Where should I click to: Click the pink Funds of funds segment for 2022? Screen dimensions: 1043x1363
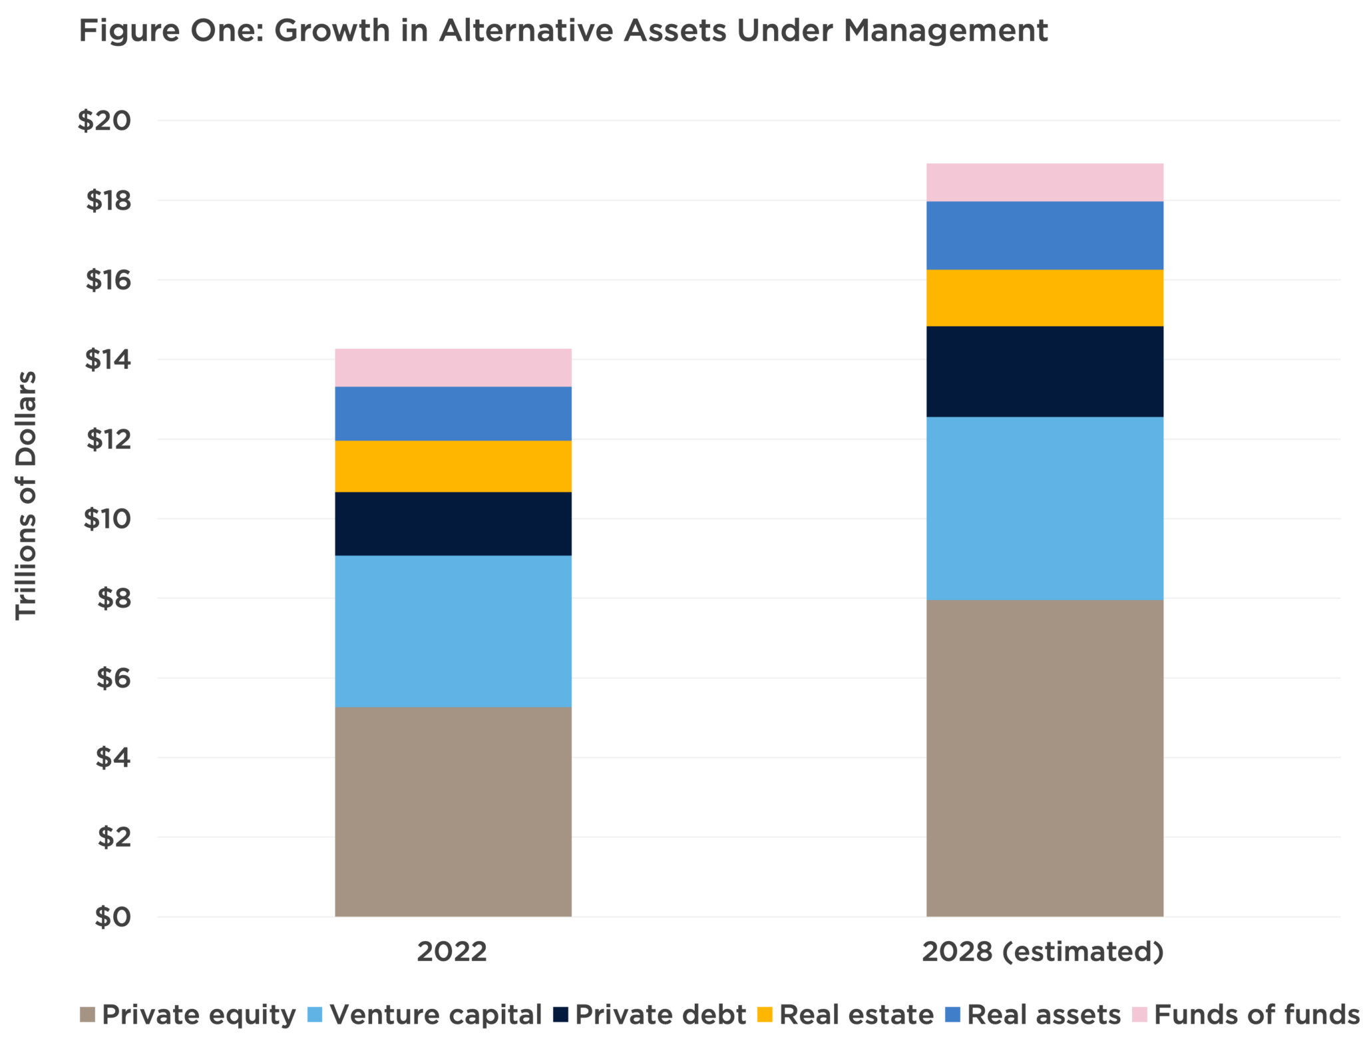453,367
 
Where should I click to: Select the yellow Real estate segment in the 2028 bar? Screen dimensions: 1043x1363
1045,298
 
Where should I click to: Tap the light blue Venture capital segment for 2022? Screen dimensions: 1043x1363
453,631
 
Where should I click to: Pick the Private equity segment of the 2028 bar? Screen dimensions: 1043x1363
1045,758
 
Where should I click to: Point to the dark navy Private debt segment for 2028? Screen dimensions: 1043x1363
1045,371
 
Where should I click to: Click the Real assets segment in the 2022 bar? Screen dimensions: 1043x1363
453,413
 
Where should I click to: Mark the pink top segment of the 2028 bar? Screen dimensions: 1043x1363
1045,182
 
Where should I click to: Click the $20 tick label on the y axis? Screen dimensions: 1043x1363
104,121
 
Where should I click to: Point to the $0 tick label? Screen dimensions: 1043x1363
112,917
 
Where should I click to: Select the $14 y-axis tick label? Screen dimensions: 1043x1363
107,360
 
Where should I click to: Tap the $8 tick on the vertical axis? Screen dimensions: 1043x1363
114,598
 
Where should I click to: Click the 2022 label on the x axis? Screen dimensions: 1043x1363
452,952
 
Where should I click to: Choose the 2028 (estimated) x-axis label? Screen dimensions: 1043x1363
1043,952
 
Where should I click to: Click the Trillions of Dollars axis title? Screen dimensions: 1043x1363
27,496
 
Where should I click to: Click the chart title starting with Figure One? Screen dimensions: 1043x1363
563,31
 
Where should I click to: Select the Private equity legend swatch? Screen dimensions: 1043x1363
87,1015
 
